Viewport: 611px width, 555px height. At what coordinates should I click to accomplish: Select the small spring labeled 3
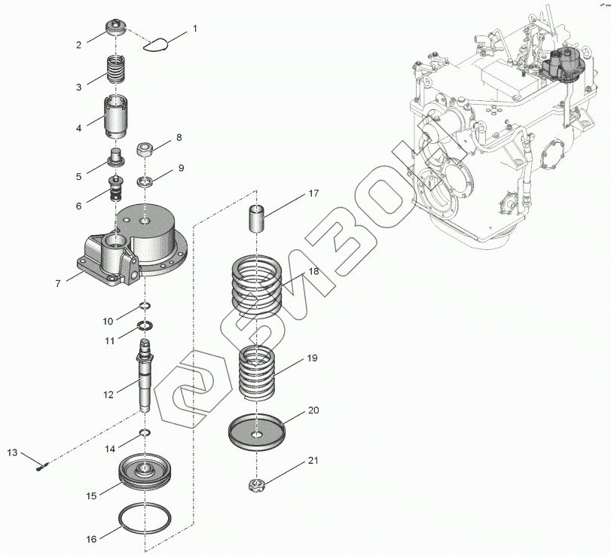115,70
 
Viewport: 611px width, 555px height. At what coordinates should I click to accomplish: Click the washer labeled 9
146,181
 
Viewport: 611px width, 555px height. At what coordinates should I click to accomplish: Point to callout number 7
57,284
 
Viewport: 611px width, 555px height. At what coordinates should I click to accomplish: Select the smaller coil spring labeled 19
258,372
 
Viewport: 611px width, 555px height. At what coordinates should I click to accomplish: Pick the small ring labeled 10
145,306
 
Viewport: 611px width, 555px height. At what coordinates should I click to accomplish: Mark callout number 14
110,449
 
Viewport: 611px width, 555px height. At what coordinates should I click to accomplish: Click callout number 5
78,176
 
